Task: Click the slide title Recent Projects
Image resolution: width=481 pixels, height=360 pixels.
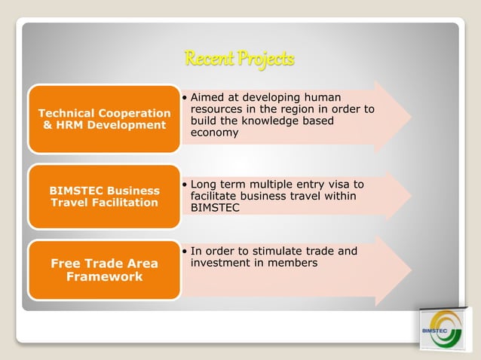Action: click(239, 59)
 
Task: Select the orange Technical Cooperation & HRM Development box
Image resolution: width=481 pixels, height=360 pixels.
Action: click(104, 118)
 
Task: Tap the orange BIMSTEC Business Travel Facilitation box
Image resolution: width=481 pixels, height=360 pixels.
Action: click(104, 196)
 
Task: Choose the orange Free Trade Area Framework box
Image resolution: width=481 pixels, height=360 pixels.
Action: click(104, 270)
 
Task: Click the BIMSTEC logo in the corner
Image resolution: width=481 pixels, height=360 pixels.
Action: click(437, 328)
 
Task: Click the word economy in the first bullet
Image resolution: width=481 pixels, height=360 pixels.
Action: click(215, 133)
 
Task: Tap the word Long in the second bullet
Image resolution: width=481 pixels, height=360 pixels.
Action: click(204, 185)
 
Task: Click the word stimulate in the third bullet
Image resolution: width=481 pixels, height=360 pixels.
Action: click(279, 251)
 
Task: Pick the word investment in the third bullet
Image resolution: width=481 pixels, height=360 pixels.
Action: click(221, 263)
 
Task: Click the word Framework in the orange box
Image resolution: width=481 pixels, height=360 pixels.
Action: click(104, 276)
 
